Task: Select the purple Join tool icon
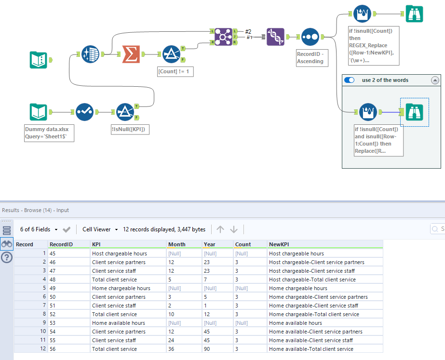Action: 223,37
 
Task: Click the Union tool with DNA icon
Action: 275,37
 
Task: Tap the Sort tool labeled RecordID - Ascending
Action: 310,37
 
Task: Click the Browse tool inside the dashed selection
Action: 414,112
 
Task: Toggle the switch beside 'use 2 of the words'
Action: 349,80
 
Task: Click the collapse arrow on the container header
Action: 435,80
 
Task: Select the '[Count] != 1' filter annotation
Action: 176,71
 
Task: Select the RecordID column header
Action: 61,244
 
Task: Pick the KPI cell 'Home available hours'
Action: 118,323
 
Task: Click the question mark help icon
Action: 7,257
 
